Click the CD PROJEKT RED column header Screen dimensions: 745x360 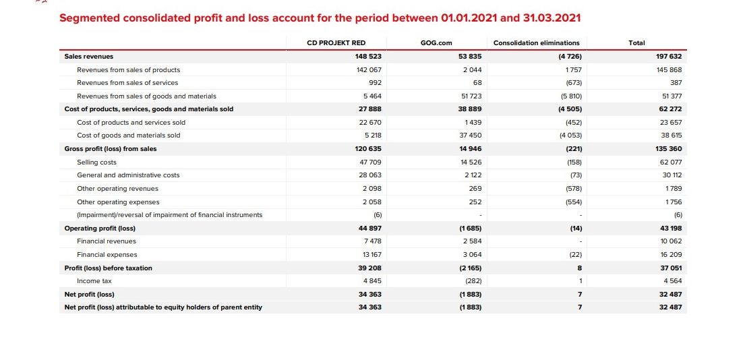point(336,42)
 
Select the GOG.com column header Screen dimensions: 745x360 point(437,42)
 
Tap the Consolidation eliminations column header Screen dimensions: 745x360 point(537,42)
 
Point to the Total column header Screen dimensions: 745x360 point(636,42)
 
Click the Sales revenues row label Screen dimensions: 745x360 point(89,57)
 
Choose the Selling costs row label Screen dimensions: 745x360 point(96,162)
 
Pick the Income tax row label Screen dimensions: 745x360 point(94,281)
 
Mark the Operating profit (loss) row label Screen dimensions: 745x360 point(100,229)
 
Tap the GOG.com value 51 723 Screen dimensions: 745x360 point(471,96)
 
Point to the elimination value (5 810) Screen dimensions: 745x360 point(572,96)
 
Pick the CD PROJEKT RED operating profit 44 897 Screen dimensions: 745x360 point(371,229)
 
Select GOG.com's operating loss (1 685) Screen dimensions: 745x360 point(471,229)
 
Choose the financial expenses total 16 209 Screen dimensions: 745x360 point(671,255)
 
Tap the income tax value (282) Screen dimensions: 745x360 point(473,281)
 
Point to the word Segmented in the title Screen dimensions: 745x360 point(90,18)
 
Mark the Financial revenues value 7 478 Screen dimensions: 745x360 point(372,241)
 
